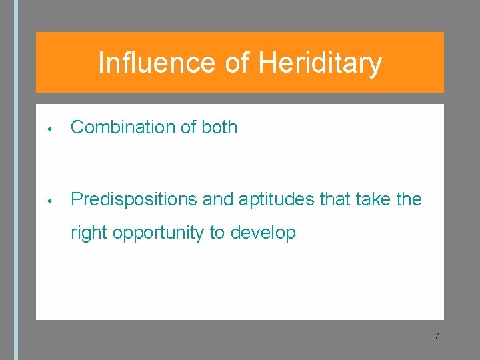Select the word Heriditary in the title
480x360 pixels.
click(x=320, y=63)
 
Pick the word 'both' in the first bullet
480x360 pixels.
click(x=219, y=127)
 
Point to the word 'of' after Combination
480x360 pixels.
click(x=187, y=127)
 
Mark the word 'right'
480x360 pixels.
click(x=89, y=233)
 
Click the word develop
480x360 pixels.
click(x=263, y=233)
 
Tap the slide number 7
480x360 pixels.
click(x=436, y=336)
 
